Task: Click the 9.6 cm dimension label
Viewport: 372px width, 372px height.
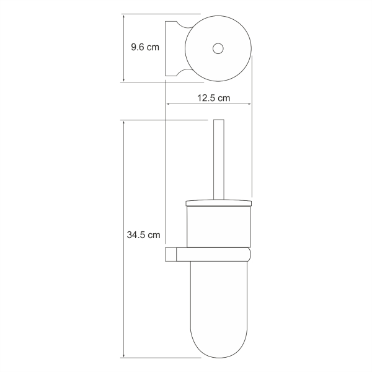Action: point(145,47)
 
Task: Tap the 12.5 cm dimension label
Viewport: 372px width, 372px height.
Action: point(213,98)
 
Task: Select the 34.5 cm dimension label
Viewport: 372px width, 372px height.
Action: point(144,235)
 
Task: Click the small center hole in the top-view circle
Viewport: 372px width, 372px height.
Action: point(218,48)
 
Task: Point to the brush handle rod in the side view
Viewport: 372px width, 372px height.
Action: point(219,160)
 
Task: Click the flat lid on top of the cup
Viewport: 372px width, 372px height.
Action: point(218,203)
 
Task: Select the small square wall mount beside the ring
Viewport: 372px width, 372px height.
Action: point(170,254)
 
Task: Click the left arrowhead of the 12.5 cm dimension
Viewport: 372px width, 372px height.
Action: point(167,104)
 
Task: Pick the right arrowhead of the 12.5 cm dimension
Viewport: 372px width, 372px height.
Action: point(249,104)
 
